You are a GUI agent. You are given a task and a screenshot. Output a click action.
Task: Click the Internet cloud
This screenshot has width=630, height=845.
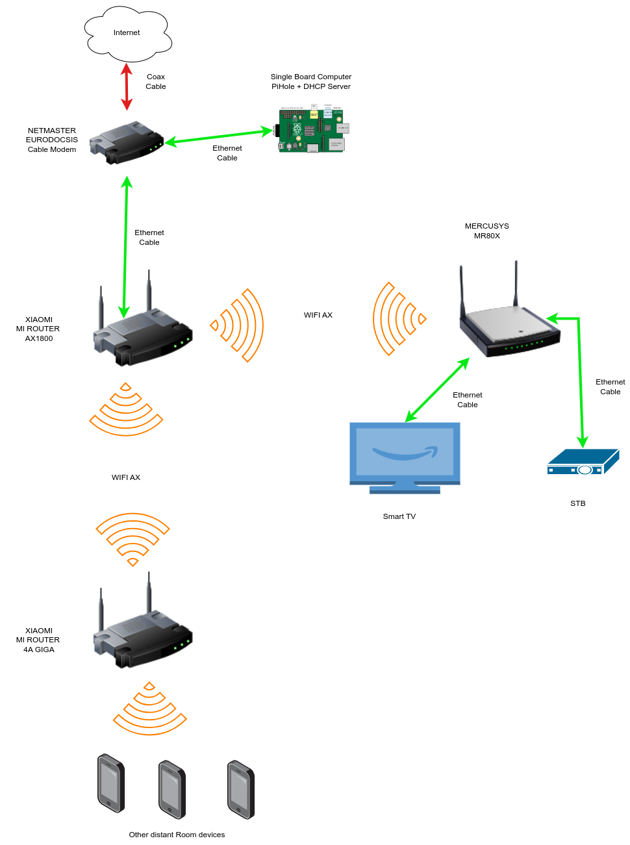coord(127,33)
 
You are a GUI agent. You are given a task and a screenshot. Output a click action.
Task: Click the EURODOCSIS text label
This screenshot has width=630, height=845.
coord(52,140)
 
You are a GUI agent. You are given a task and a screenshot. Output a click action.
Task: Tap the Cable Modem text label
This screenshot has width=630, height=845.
coord(52,149)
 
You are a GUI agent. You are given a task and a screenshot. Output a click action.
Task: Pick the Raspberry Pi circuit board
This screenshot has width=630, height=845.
coord(311,130)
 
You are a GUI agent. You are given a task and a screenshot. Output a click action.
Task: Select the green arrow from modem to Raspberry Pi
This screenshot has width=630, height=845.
coord(219,136)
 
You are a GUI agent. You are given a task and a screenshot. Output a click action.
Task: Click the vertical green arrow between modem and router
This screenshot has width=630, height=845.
coord(125,247)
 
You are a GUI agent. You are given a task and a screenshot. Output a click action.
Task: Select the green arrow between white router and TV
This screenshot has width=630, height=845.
coord(437,390)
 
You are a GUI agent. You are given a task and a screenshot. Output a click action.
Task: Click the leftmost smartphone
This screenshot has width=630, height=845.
coord(111,783)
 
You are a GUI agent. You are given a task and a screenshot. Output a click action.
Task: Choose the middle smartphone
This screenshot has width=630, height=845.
coord(173,789)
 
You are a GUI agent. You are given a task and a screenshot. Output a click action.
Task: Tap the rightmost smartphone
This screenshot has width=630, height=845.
coord(241,789)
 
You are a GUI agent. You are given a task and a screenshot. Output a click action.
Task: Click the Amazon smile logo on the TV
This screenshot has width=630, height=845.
coord(405,453)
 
